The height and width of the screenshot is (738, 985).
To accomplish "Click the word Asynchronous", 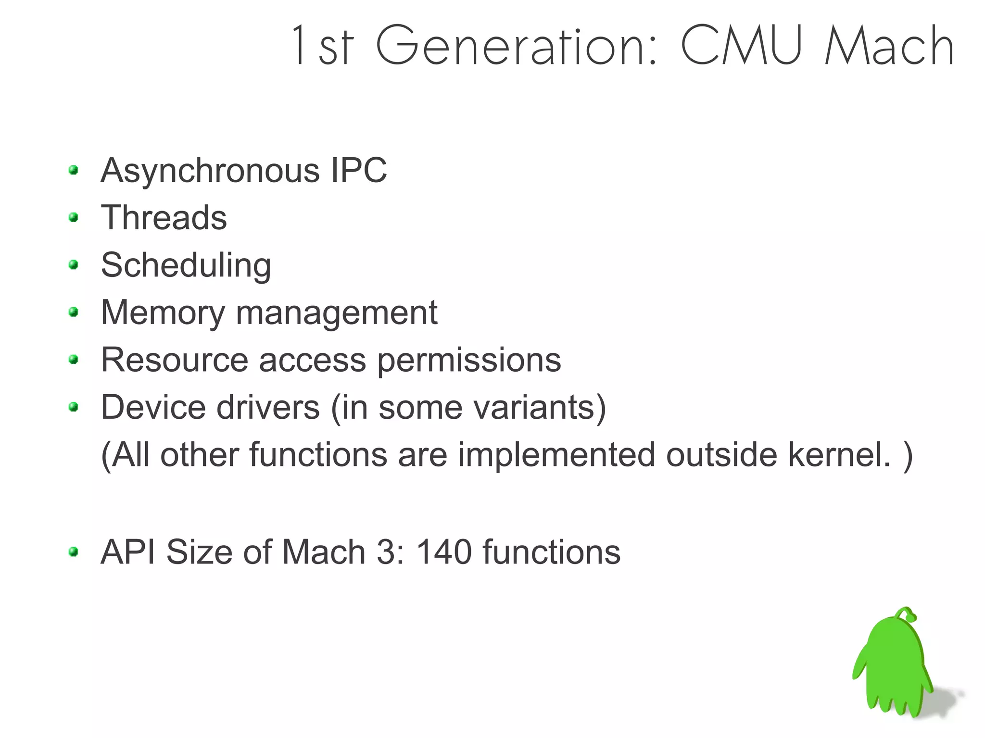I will point(210,171).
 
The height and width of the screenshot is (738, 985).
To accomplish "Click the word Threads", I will point(164,217).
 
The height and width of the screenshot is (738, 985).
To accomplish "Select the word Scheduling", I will point(186,265).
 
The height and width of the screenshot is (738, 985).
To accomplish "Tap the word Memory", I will point(163,313).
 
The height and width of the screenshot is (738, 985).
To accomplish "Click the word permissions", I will point(469,360).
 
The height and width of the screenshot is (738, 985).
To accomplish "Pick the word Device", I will point(153,407).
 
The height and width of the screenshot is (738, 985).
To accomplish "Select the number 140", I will point(444,551).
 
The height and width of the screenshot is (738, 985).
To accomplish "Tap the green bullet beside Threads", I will point(74,217).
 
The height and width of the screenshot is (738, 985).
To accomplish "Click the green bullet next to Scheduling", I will point(74,265).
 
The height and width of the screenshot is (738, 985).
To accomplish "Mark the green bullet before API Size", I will point(74,551).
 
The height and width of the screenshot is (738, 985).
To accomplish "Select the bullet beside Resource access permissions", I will point(74,360).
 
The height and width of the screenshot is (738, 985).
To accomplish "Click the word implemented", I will point(556,454).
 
